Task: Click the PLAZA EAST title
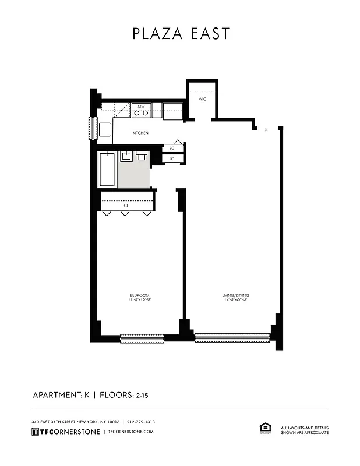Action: tap(181, 34)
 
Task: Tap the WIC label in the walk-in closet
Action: tap(202, 99)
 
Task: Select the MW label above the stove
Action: tap(141, 106)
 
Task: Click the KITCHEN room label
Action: tap(140, 133)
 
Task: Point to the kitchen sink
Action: tap(105, 129)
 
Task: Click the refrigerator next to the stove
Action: tap(173, 111)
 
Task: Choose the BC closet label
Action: tap(172, 149)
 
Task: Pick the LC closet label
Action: tap(172, 158)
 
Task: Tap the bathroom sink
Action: tap(126, 156)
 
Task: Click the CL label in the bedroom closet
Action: tap(126, 206)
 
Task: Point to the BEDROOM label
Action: tap(140, 295)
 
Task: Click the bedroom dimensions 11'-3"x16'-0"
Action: tap(140, 300)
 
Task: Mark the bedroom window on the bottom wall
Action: tap(142, 337)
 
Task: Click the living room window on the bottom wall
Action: tap(232, 337)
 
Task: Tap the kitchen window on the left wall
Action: tap(92, 128)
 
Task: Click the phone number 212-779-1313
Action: tap(140, 422)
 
